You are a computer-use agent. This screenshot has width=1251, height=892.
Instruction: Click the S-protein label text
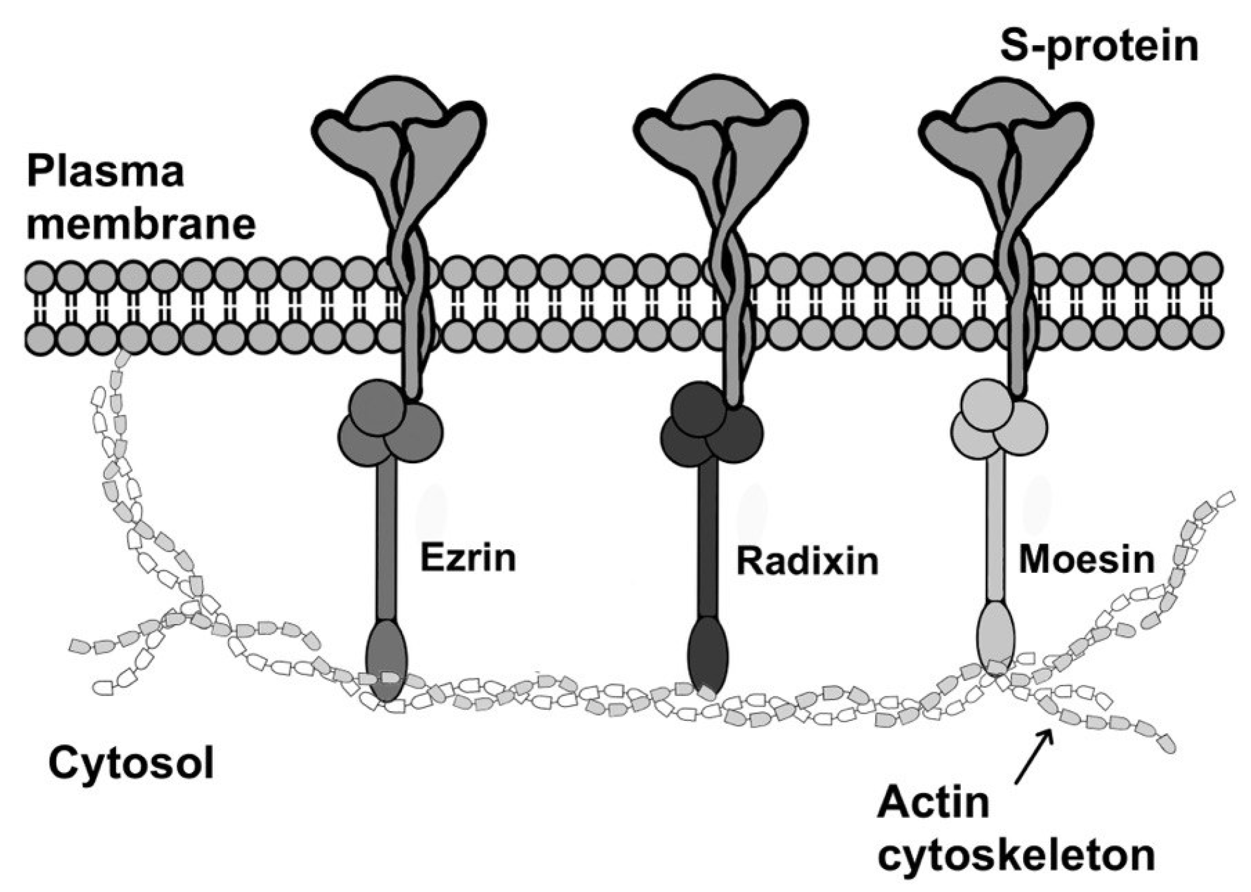coord(1098,46)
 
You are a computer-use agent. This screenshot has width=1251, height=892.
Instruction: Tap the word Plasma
coord(105,172)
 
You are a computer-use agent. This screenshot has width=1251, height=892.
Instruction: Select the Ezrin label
coord(468,558)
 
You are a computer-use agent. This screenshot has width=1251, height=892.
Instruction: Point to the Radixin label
coord(807,562)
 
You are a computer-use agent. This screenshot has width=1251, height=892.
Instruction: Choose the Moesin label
coord(1086,560)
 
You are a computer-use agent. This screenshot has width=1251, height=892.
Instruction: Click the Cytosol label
coord(131,763)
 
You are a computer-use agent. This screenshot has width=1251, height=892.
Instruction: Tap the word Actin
coord(933,804)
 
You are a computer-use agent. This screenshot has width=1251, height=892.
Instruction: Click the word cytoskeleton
coord(1016,854)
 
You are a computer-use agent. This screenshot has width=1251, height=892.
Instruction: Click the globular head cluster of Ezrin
coord(390,423)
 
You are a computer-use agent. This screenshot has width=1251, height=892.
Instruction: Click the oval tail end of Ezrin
coord(386,659)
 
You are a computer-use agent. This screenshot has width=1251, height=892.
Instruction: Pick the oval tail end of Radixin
coord(708,655)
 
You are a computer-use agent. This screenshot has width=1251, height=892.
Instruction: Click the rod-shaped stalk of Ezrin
coord(386,541)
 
